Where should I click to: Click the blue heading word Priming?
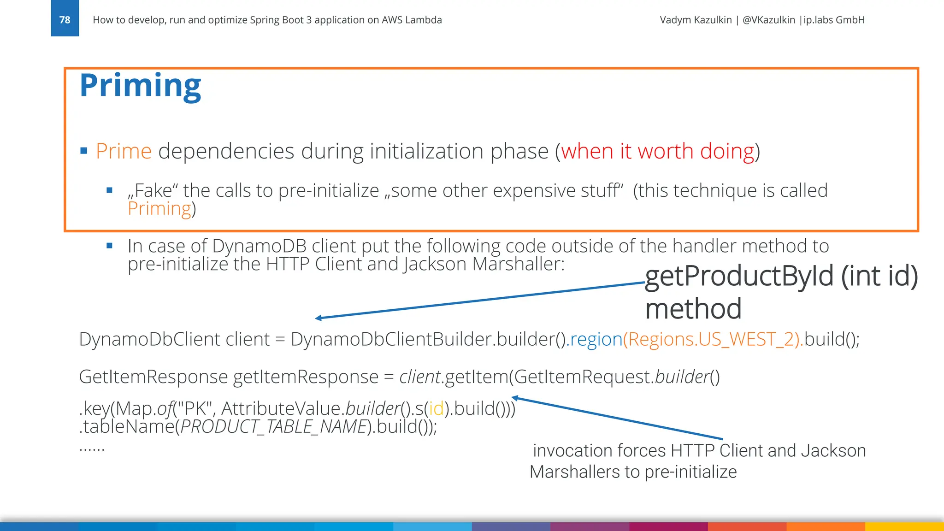[140, 85]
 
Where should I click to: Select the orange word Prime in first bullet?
[124, 151]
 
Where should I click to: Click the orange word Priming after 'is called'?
[159, 209]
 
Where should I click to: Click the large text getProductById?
[739, 276]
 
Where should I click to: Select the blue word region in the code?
[596, 340]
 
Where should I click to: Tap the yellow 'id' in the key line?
[436, 409]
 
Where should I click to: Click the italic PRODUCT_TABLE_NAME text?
[273, 427]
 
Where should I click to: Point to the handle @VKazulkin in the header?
[769, 20]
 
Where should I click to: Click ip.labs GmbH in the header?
[834, 20]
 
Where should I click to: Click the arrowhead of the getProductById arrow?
[318, 318]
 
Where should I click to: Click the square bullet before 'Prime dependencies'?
[83, 151]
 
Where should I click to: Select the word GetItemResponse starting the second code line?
[153, 377]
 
